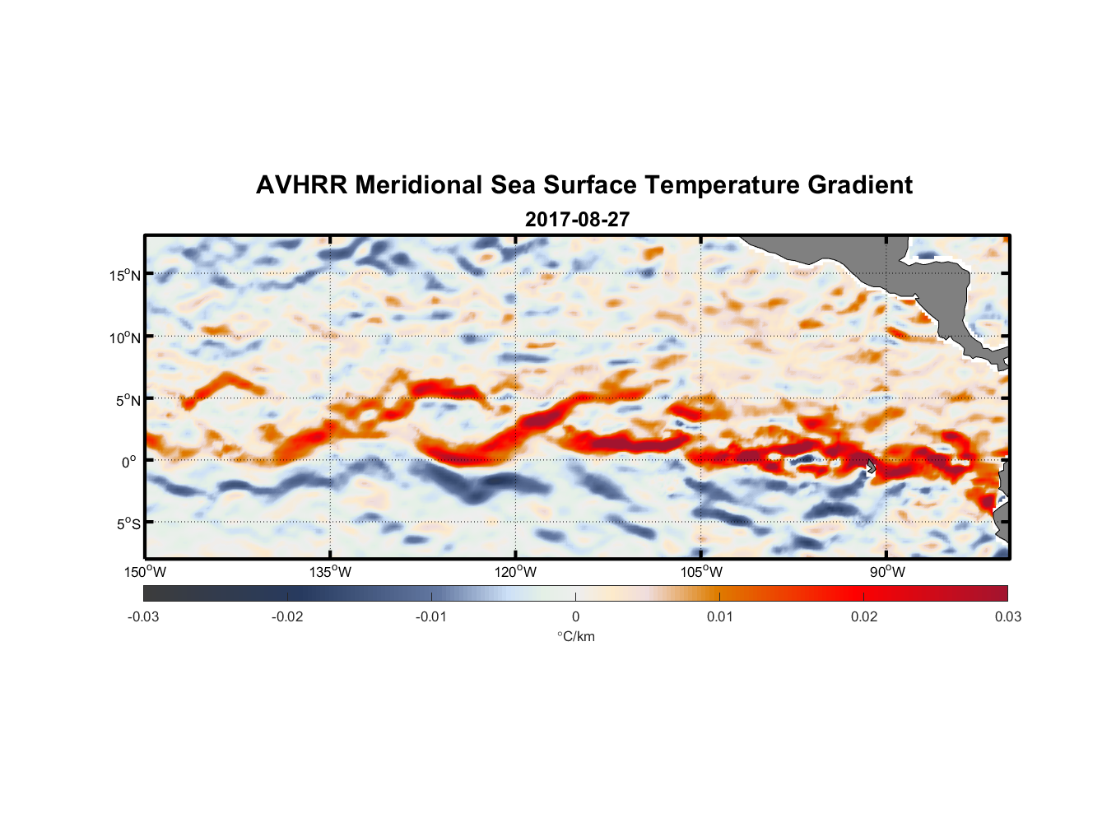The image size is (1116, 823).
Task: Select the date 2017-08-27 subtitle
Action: click(x=577, y=220)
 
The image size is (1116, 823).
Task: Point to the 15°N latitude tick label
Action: click(x=125, y=275)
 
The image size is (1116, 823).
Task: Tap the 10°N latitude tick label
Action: click(x=125, y=337)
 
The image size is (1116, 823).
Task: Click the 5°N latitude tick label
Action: click(x=128, y=400)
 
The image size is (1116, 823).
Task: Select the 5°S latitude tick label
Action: click(x=128, y=524)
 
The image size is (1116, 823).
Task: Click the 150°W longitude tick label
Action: click(x=146, y=572)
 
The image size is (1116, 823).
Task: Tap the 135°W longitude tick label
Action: click(x=331, y=572)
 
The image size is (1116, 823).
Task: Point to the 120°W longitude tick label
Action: click(x=516, y=572)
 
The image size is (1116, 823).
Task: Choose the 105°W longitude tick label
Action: click(x=701, y=572)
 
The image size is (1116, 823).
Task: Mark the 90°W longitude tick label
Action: click(x=886, y=572)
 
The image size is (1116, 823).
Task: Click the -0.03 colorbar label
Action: click(x=143, y=616)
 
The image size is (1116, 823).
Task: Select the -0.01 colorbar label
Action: click(x=431, y=616)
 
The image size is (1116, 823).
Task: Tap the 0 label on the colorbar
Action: click(x=575, y=616)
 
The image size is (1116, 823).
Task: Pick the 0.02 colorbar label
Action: click(x=864, y=616)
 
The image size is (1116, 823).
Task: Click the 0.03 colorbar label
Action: click(x=1007, y=616)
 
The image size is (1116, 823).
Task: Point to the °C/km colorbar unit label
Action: click(x=576, y=636)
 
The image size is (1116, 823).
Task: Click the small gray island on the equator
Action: click(x=871, y=467)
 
